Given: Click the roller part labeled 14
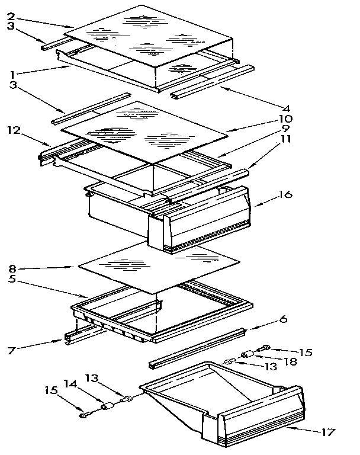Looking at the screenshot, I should (x=108, y=407).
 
